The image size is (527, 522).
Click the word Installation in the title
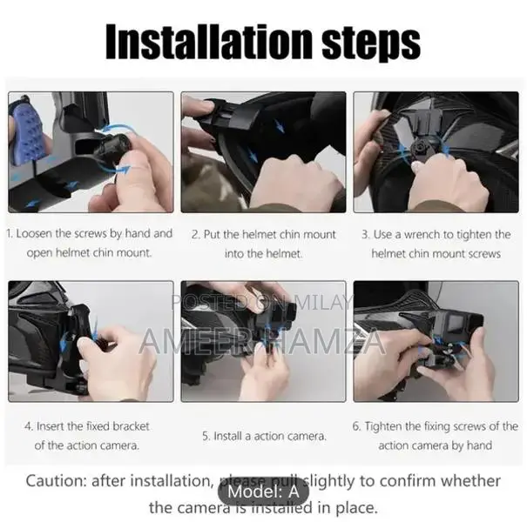[203, 41]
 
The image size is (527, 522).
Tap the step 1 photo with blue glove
[91, 152]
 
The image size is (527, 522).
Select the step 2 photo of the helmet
[263, 152]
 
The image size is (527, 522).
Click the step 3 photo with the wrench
[436, 152]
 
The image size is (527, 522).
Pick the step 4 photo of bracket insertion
[91, 341]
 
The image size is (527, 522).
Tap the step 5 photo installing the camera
[263, 341]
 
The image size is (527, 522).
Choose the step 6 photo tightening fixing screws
[436, 341]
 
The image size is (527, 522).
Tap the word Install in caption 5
[233, 435]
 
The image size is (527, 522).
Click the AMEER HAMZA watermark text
[262, 340]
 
